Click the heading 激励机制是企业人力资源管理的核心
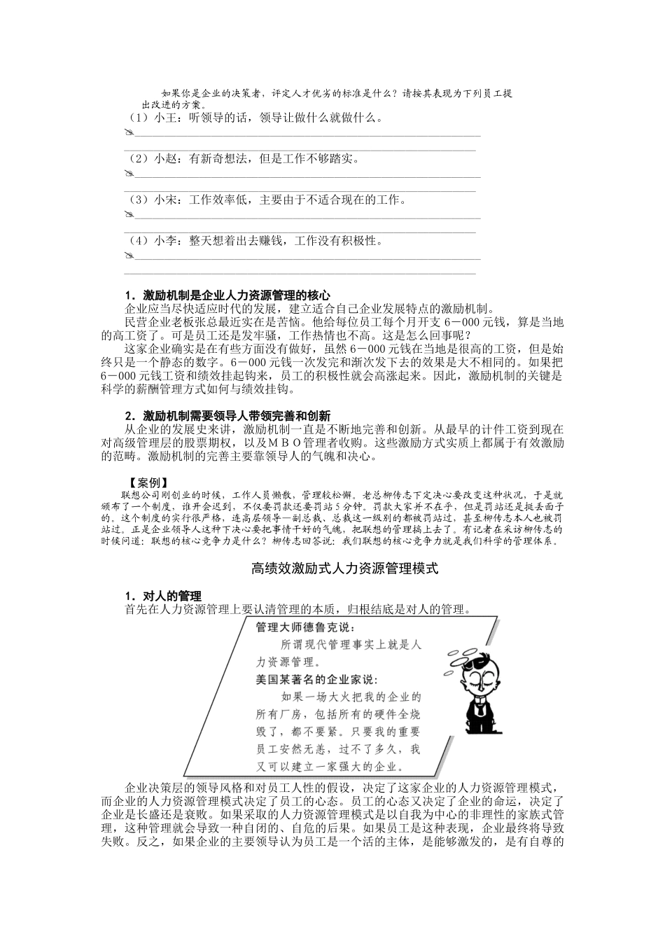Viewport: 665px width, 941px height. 227,295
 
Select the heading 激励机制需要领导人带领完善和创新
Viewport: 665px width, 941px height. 227,415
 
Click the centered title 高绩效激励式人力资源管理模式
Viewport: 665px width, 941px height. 344,569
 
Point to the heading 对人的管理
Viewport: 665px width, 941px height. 162,596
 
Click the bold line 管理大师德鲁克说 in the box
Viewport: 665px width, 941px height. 306,627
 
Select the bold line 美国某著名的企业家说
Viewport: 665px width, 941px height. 317,679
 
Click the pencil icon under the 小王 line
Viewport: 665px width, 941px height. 128,133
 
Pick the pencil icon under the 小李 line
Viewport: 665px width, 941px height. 128,257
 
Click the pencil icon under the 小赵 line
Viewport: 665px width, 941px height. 128,174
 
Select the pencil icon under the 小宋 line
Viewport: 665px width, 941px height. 128,216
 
